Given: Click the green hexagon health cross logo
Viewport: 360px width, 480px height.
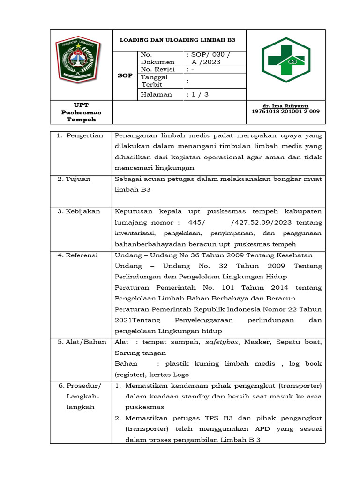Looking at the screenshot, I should (285, 60).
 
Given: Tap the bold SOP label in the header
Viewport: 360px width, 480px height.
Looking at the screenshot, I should (125, 75).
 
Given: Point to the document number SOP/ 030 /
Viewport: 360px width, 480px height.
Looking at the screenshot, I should (208, 55).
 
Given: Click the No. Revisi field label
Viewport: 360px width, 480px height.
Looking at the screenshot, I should (157, 69).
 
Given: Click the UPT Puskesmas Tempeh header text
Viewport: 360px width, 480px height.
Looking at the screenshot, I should (81, 112).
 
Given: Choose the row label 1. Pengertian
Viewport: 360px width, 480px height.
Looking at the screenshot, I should (80, 135).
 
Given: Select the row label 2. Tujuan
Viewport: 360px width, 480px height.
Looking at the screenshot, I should (74, 179).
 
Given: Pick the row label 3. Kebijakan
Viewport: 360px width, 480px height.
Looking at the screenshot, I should (79, 211).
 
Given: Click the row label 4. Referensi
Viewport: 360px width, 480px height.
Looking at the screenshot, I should (78, 255).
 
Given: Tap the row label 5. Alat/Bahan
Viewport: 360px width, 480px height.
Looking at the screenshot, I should (82, 342).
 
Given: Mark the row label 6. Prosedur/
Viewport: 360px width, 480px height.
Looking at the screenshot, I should (80, 385).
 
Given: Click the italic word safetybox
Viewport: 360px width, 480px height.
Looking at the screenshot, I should (223, 342).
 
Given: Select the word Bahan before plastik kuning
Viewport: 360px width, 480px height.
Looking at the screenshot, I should (126, 363).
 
